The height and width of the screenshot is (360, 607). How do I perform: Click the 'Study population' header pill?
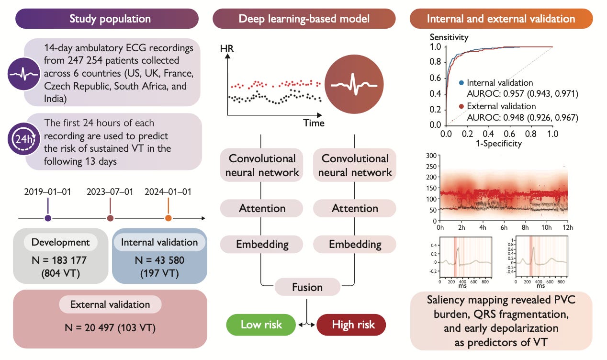(x=110, y=19)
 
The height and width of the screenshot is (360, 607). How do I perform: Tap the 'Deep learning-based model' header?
(x=304, y=19)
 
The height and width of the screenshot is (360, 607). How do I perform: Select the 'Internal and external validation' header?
(x=501, y=19)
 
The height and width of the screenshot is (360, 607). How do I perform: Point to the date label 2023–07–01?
(x=110, y=192)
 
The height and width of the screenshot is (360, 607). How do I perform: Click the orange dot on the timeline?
(x=168, y=218)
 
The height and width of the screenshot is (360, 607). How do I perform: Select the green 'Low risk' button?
(x=261, y=325)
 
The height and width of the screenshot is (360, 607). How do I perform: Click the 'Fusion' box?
(x=307, y=287)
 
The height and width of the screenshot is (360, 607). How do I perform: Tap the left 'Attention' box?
(x=261, y=208)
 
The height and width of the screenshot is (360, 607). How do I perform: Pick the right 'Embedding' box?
(x=355, y=244)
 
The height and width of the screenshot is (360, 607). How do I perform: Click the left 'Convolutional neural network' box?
(x=261, y=165)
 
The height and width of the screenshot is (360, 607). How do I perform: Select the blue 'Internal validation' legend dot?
(x=461, y=83)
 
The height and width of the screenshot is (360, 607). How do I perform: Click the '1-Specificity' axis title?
(x=498, y=143)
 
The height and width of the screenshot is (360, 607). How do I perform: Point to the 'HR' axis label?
(x=227, y=48)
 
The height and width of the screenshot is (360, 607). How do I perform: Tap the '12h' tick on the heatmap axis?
(x=566, y=227)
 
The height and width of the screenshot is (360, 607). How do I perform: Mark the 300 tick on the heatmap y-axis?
(x=429, y=156)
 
